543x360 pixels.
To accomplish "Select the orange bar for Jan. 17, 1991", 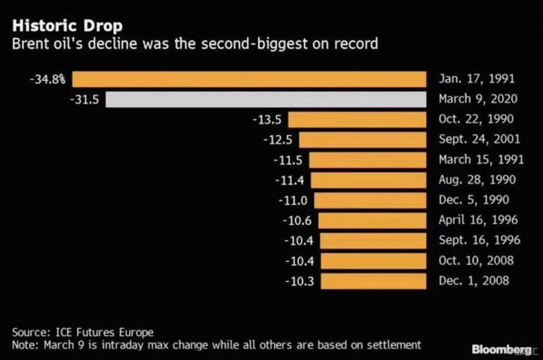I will pyautogui.click(x=249, y=79).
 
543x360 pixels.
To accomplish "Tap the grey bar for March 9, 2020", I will pyautogui.click(x=266, y=100).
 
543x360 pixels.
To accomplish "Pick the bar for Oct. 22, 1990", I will pyautogui.click(x=357, y=119).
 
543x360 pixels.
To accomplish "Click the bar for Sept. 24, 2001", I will pyautogui.click(x=363, y=140).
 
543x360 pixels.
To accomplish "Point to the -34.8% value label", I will pyautogui.click(x=47, y=79).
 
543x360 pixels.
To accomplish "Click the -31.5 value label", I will pyautogui.click(x=85, y=100).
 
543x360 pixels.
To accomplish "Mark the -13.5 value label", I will pyautogui.click(x=267, y=119).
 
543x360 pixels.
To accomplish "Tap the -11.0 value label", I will pyautogui.click(x=293, y=200).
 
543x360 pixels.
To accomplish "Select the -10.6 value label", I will pyautogui.click(x=297, y=221).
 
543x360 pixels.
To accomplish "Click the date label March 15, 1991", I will pyautogui.click(x=481, y=160).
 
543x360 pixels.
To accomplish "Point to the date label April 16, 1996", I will pyautogui.click(x=477, y=221).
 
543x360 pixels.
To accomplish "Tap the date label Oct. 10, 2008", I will pyautogui.click(x=476, y=261).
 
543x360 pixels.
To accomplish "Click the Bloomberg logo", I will pyautogui.click(x=501, y=349).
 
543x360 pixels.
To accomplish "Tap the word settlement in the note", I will pyautogui.click(x=393, y=345).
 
